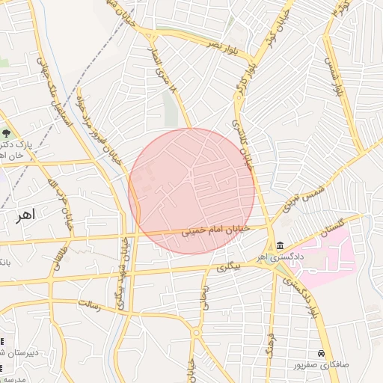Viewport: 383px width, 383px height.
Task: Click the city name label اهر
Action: (25, 216)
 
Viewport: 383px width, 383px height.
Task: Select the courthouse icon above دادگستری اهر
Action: (280, 245)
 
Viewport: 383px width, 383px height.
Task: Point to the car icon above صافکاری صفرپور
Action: (322, 352)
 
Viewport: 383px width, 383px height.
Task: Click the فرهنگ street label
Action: (271, 346)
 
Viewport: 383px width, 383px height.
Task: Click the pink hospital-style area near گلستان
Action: (329, 254)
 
